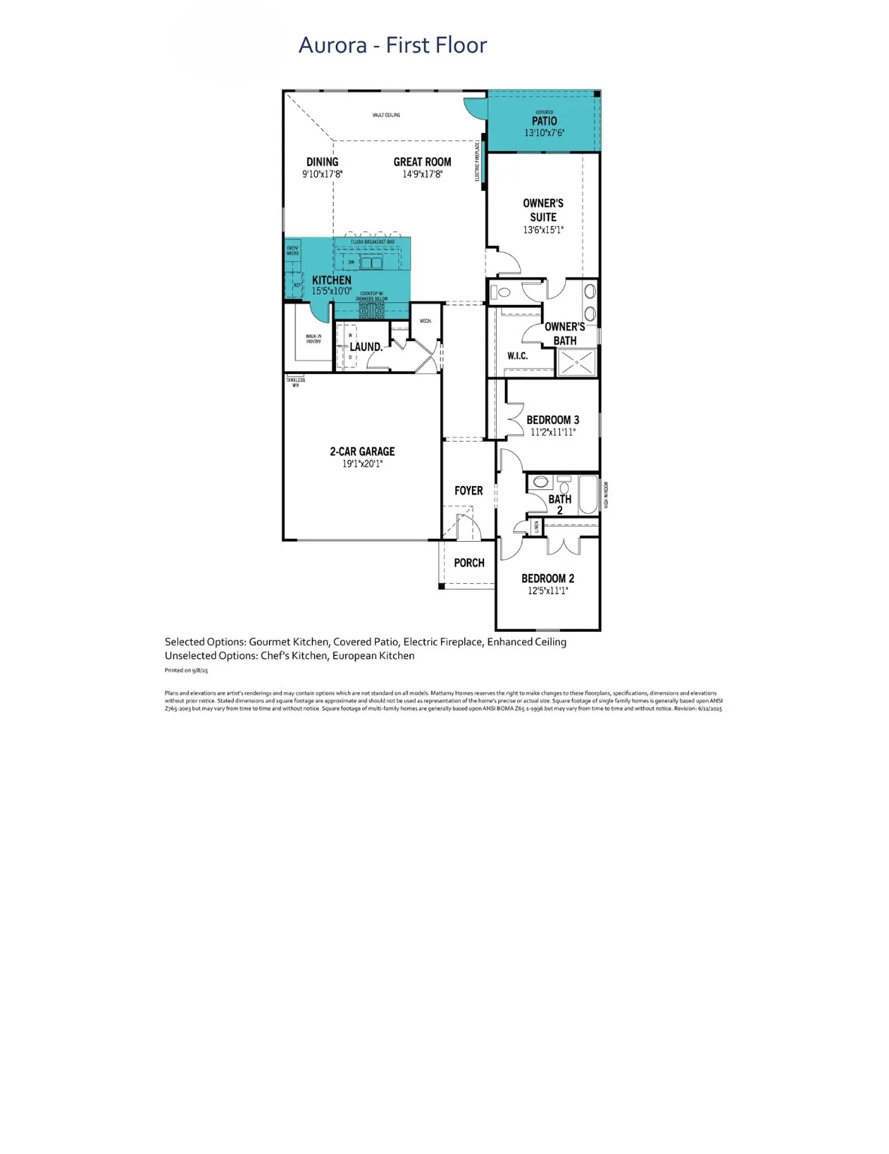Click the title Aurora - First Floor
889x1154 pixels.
click(392, 45)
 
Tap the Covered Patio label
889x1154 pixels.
click(544, 121)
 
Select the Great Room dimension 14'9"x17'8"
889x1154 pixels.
click(422, 174)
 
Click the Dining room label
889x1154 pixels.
click(322, 162)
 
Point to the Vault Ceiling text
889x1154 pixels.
click(386, 115)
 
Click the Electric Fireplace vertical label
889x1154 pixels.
click(477, 162)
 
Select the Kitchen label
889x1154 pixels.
click(331, 279)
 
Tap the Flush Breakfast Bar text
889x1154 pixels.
click(373, 242)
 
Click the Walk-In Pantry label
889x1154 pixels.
click(313, 339)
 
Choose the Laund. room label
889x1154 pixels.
click(366, 347)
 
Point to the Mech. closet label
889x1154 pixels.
click(425, 321)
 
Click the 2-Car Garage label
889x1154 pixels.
click(362, 452)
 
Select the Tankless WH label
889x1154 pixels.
click(295, 382)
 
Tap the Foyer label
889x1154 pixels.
click(468, 491)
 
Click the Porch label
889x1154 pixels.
click(469, 563)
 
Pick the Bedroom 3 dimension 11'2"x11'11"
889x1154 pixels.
click(553, 432)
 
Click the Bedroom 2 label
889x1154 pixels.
click(548, 579)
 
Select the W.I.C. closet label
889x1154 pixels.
click(517, 356)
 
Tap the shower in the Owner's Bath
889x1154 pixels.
click(576, 361)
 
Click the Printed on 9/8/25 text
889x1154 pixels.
click(186, 670)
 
